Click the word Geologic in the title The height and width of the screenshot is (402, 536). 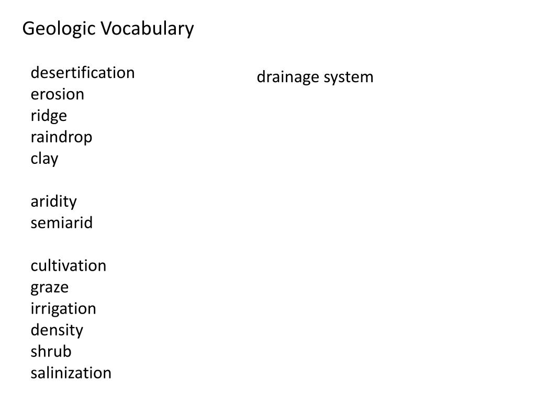coord(59,29)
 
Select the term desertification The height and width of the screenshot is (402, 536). coord(83,73)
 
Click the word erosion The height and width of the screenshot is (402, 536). coord(57,94)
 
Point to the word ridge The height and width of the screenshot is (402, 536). coord(49,116)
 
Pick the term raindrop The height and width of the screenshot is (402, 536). coord(61,137)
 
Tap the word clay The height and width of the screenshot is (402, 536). coord(44,159)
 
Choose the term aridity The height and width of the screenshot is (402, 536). coord(53,202)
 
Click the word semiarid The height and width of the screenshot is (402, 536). coord(61,223)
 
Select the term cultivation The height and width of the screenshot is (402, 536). coord(68,266)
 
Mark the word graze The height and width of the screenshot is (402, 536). coord(49,287)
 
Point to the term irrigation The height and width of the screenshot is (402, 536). coord(63,309)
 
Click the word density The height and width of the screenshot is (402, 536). coord(57,330)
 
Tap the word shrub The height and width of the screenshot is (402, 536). coord(51,351)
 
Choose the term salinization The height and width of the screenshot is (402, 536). coord(71,373)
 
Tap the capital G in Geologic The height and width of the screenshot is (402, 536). coord(28,29)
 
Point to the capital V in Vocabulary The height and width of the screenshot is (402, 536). coord(106,29)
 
